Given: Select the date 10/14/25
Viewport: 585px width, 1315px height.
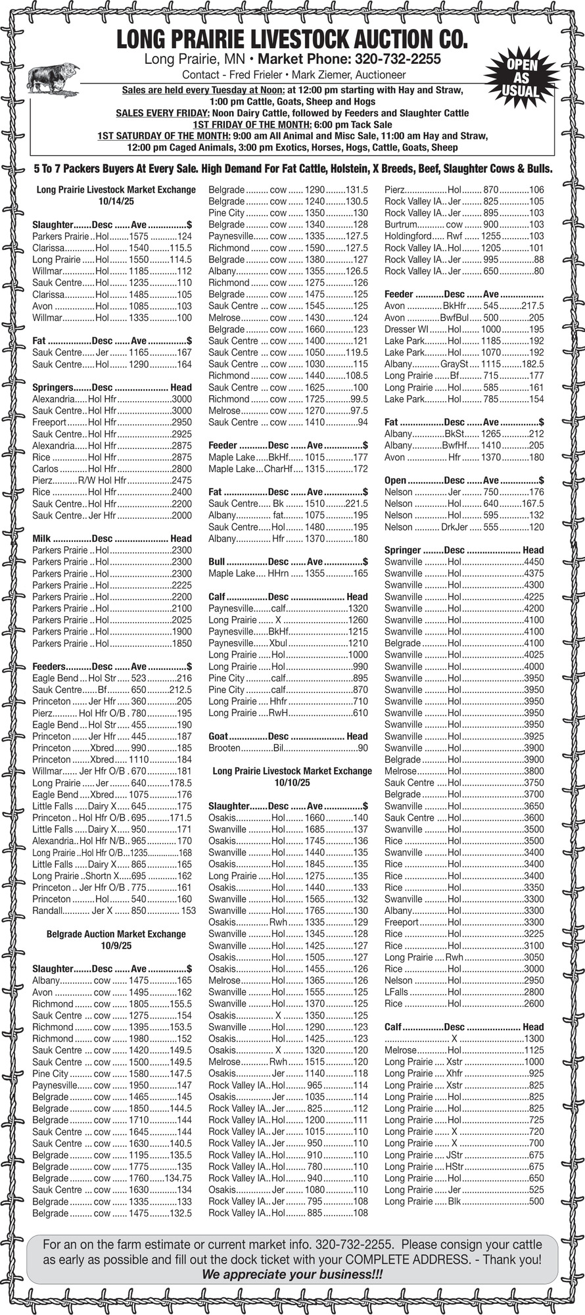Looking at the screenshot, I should [116, 201].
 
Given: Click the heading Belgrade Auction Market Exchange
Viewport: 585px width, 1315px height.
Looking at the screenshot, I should [116, 934].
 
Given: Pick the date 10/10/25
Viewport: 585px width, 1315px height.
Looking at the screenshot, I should [292, 782].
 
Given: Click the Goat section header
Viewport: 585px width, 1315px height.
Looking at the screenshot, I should [225, 736].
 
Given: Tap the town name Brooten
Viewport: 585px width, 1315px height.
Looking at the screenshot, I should [224, 748].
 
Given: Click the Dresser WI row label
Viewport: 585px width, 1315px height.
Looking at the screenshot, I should [406, 329].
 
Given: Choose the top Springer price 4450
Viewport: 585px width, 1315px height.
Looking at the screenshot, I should [534, 562].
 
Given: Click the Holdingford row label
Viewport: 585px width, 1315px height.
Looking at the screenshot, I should [408, 236].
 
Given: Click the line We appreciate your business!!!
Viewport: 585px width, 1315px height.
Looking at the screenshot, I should [292, 1274].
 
